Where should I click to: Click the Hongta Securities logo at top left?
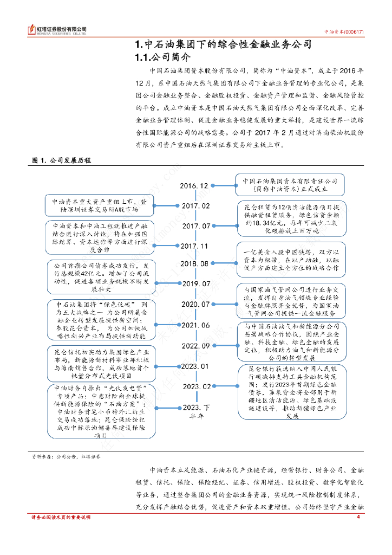coord(57,30)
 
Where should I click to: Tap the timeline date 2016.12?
coord(194,186)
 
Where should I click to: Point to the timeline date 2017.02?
coord(195,206)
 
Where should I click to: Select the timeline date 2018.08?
coord(195,263)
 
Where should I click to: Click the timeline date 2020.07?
coord(195,304)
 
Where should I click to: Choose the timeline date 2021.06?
coord(195,325)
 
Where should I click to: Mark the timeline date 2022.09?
coord(195,345)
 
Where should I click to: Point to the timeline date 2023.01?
coord(195,366)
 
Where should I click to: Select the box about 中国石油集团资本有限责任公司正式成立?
coord(290,185)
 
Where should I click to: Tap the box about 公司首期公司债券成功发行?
coord(102,277)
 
